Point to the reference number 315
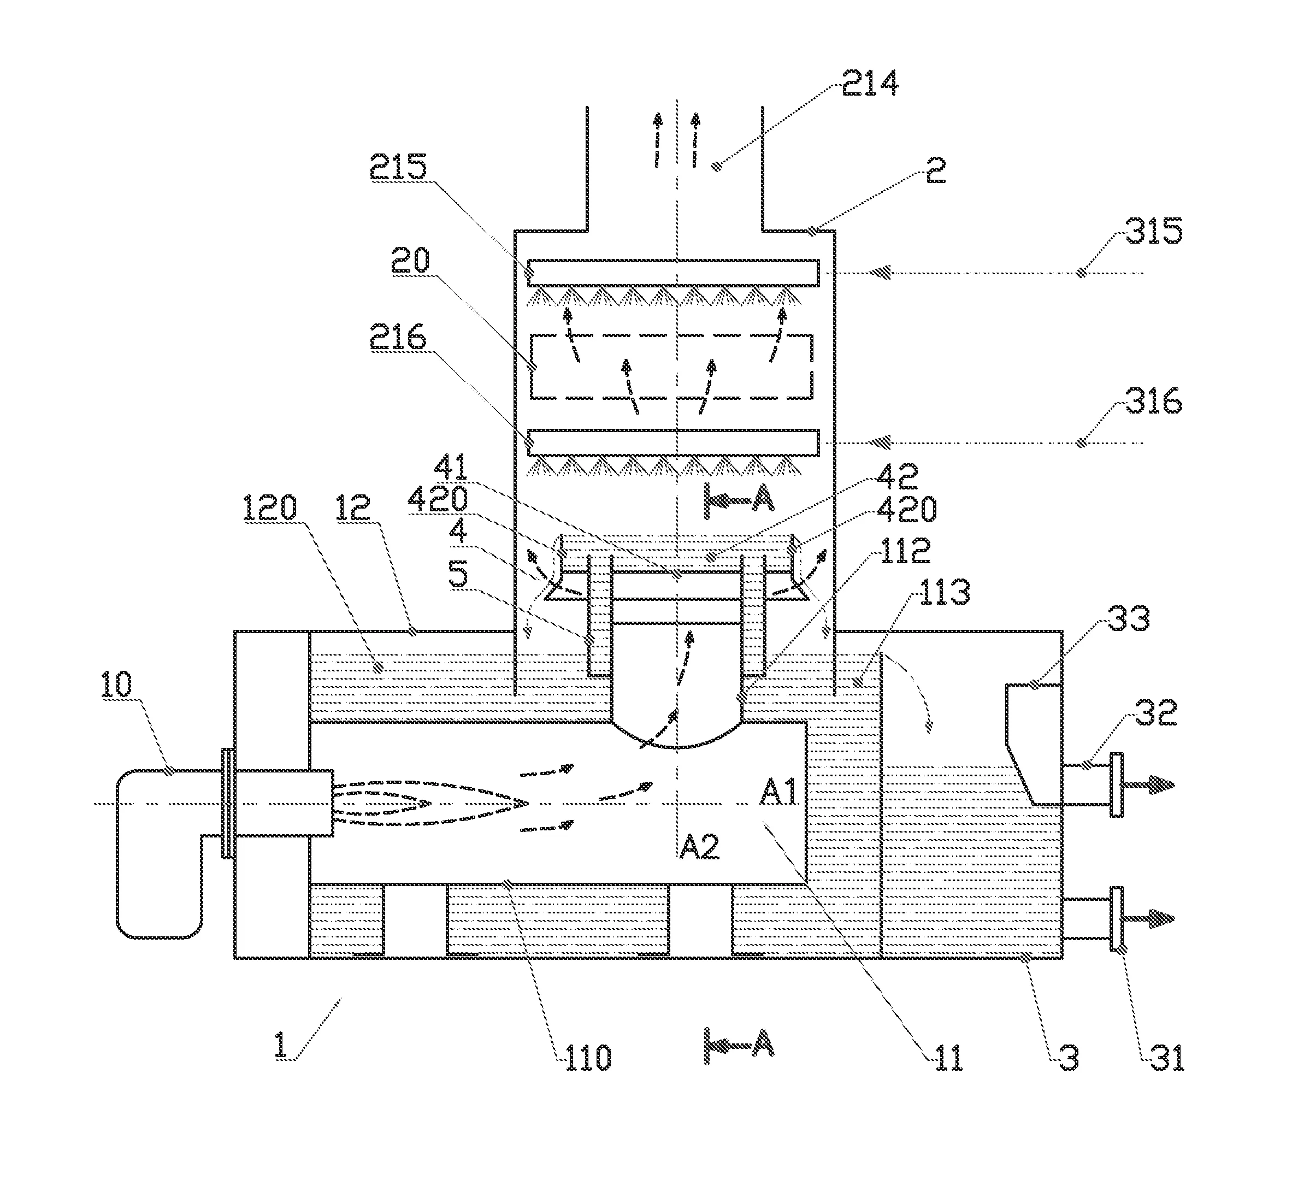click(x=1154, y=231)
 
